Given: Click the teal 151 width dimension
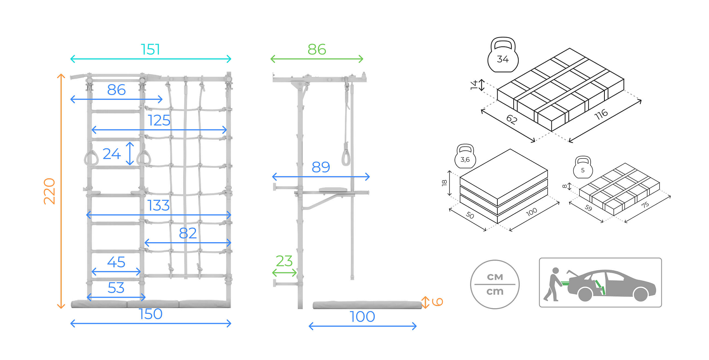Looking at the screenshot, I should click(150, 49).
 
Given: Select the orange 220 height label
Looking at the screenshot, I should click(50, 191).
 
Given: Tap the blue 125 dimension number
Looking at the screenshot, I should click(159, 121).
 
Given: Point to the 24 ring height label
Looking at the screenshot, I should click(112, 154).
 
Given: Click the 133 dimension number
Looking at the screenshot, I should click(158, 205).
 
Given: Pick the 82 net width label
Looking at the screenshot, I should click(188, 233).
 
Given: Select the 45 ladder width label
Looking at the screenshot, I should click(116, 262).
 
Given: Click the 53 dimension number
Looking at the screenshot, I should click(116, 288).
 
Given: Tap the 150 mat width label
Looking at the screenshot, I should click(151, 314).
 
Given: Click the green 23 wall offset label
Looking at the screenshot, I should click(284, 261).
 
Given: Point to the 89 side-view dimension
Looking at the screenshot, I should click(320, 167).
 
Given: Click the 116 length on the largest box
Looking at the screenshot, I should click(601, 114).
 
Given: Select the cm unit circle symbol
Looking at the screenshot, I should click(495, 284).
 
